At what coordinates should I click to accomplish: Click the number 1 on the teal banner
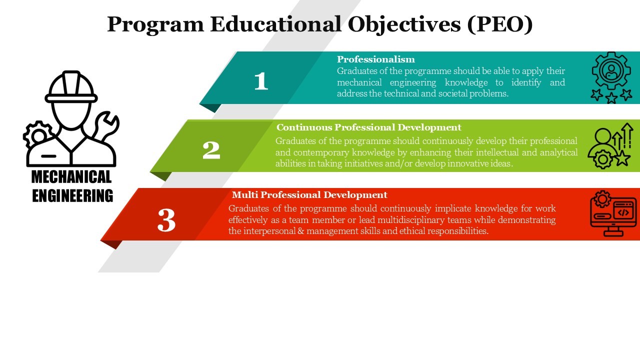click(261, 81)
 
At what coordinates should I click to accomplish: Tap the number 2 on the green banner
click(211, 150)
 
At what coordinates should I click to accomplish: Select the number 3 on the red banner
click(166, 219)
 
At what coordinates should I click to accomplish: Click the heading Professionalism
click(375, 59)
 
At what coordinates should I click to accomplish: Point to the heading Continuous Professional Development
click(369, 127)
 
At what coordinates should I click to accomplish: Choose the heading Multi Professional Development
click(309, 195)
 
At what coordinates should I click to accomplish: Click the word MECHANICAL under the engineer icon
click(71, 177)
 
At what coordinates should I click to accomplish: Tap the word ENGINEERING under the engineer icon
click(72, 195)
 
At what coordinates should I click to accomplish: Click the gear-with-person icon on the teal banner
click(611, 77)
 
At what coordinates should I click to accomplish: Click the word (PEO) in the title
click(500, 24)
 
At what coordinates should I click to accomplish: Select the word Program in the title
click(155, 25)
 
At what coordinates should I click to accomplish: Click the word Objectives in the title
click(404, 25)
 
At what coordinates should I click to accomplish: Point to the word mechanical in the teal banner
click(359, 82)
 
